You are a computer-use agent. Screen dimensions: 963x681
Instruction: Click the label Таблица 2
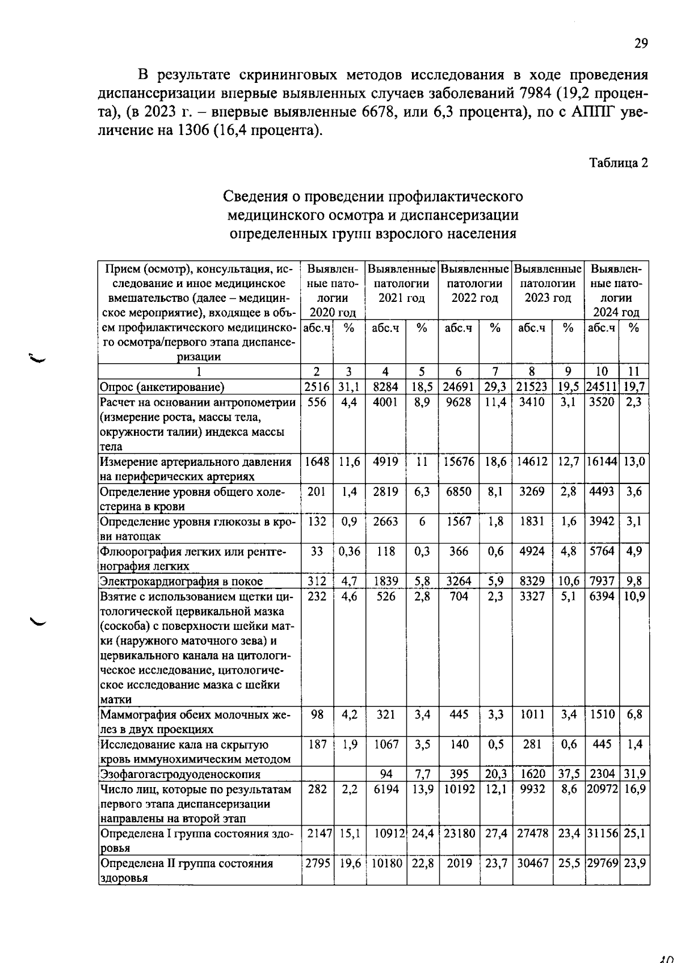coord(618,163)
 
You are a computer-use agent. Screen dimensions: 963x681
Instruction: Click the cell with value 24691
coord(459,387)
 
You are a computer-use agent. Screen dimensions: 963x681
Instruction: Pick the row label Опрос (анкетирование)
coord(162,387)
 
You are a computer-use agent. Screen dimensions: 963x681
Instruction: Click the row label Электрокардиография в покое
coord(182,581)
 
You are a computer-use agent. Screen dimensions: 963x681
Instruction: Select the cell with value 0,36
coord(350,551)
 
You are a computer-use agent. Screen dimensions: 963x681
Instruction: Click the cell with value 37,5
coord(569,774)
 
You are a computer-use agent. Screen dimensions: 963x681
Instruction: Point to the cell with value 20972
coord(602,789)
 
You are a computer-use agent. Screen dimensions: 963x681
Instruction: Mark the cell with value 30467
coord(532,863)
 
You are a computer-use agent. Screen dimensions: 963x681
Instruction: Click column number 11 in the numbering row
coord(634,372)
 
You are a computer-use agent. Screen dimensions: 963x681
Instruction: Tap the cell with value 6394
coord(602,596)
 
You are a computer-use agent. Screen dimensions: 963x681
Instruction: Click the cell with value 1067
coord(386,744)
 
